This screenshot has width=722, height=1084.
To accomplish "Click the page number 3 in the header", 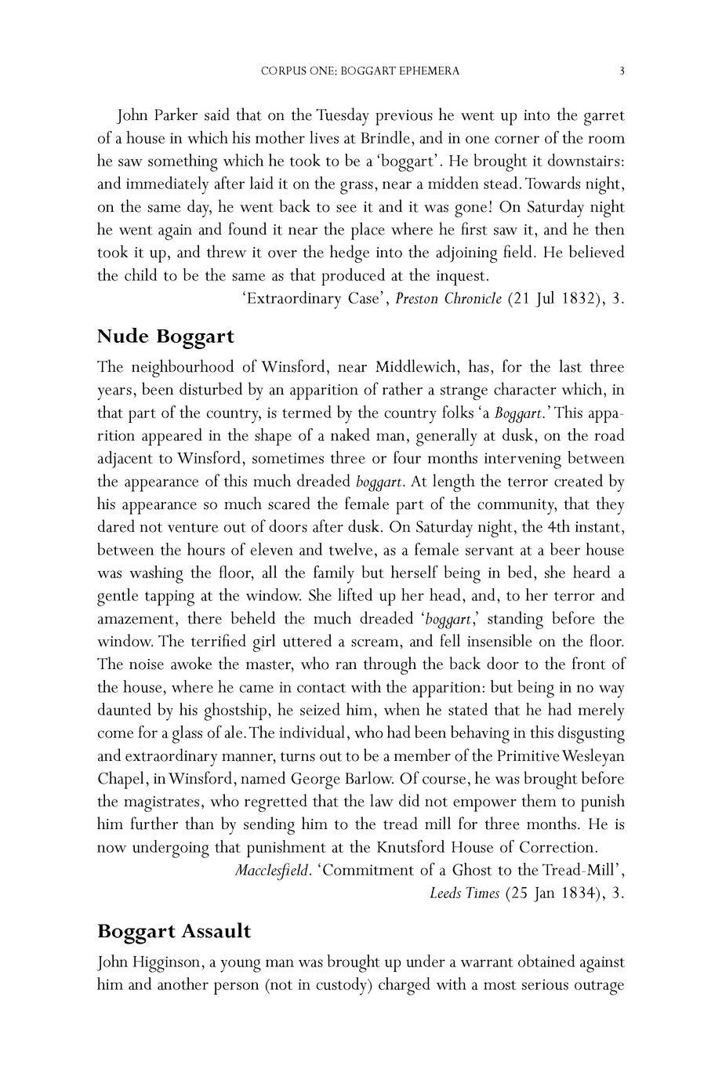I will (x=622, y=71).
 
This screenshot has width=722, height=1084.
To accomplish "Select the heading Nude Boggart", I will (x=165, y=336).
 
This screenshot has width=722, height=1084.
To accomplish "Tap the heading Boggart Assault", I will (x=174, y=931).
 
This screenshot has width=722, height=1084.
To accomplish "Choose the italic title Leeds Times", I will (x=464, y=893).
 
